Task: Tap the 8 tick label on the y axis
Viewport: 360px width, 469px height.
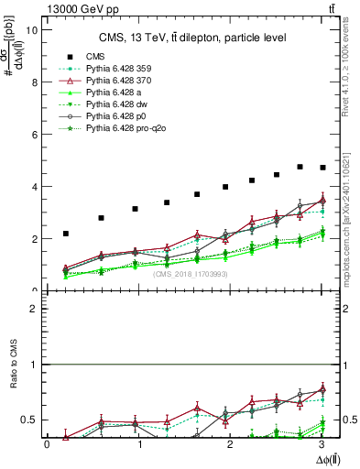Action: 34,82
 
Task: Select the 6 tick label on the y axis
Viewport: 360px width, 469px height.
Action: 34,134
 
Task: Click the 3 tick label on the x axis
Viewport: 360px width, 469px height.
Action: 322,444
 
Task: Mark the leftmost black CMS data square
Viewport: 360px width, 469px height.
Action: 66,234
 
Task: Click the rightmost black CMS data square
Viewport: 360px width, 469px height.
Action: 322,168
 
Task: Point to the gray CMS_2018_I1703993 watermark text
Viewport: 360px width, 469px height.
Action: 191,274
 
